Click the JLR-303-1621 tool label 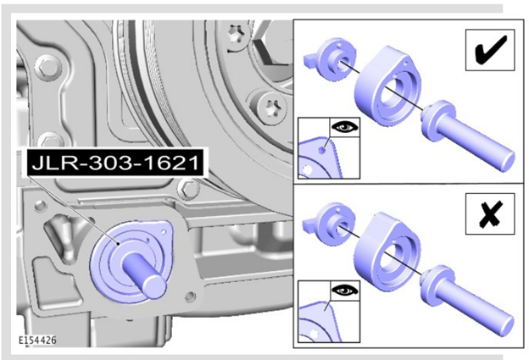[x=115, y=163]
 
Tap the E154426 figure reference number [x=37, y=341]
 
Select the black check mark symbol [x=490, y=50]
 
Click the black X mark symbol [x=491, y=213]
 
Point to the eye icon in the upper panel [x=345, y=127]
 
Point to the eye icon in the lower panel [x=345, y=290]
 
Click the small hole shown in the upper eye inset [x=322, y=150]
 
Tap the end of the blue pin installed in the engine [x=153, y=286]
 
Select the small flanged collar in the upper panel [x=331, y=59]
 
